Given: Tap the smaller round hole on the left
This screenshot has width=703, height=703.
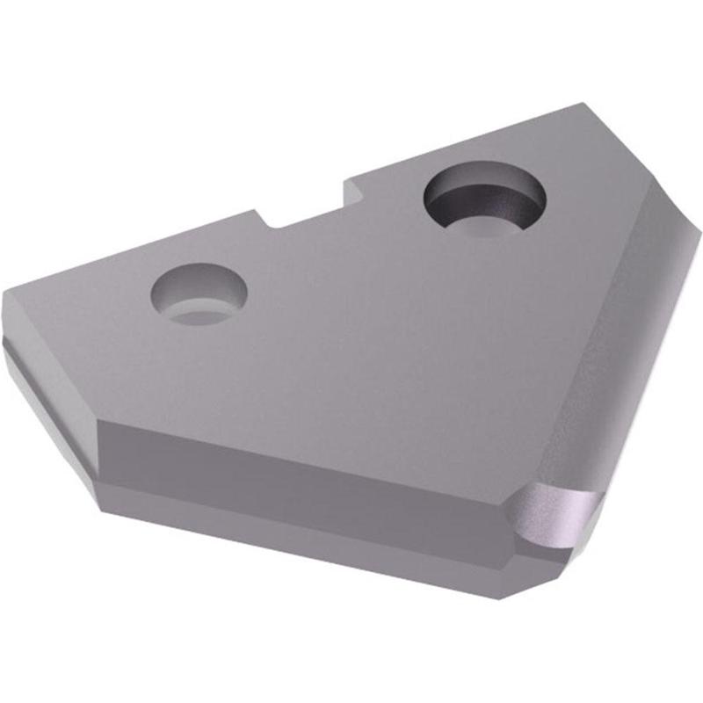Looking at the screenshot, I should pos(199,294).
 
